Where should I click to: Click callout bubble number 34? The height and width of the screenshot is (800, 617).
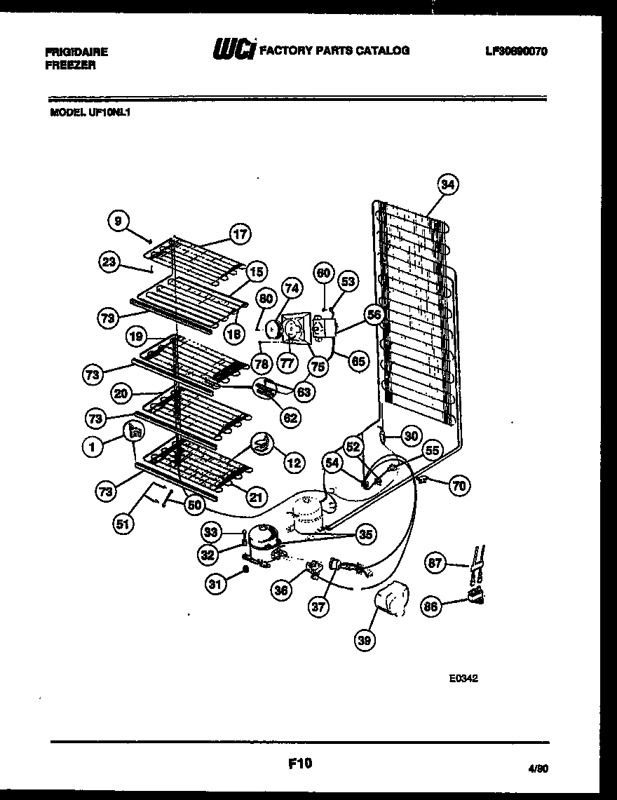click(x=448, y=184)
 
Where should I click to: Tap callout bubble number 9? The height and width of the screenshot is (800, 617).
click(x=118, y=221)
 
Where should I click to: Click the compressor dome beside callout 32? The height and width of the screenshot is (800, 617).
click(x=264, y=537)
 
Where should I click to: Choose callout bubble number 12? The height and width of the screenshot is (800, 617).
click(x=294, y=462)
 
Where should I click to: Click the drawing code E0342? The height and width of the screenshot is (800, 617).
click(x=464, y=678)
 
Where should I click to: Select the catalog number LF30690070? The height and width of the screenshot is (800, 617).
click(x=516, y=52)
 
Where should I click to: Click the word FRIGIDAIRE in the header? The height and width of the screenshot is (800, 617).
click(x=76, y=52)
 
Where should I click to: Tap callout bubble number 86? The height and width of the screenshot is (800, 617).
click(x=433, y=606)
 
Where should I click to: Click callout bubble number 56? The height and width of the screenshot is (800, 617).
click(x=374, y=315)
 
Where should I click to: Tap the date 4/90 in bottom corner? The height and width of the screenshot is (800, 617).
click(x=537, y=768)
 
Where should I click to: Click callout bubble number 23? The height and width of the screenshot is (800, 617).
click(x=109, y=262)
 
